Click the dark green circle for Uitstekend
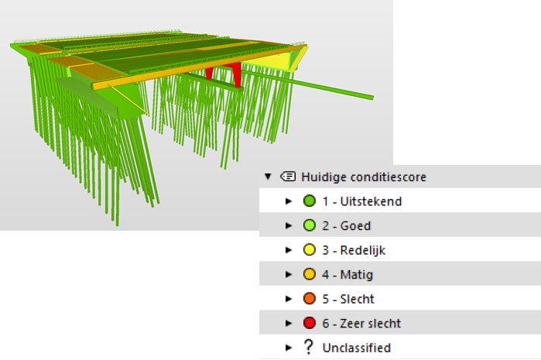pyautogui.click(x=310, y=201)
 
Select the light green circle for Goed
pyautogui.click(x=310, y=225)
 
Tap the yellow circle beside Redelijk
pyautogui.click(x=310, y=249)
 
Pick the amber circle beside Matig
pyautogui.click(x=310, y=274)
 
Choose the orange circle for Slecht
pyautogui.click(x=310, y=299)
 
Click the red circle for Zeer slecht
pyautogui.click(x=310, y=323)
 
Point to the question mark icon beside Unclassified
pyautogui.click(x=309, y=348)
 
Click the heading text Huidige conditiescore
pyautogui.click(x=364, y=177)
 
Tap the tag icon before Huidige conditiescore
pyautogui.click(x=288, y=177)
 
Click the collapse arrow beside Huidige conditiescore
pyautogui.click(x=268, y=177)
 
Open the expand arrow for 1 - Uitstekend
pyautogui.click(x=289, y=201)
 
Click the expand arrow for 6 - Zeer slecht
pyautogui.click(x=289, y=324)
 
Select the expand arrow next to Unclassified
pyautogui.click(x=289, y=348)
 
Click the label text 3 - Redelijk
pyautogui.click(x=354, y=250)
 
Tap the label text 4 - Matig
pyautogui.click(x=348, y=275)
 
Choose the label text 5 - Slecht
pyautogui.click(x=348, y=299)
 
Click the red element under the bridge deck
pyautogui.click(x=236, y=74)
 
